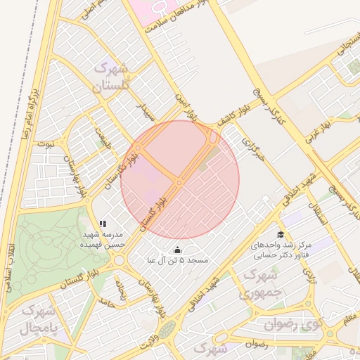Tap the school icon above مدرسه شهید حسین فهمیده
[103, 224]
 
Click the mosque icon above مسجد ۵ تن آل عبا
[176, 250]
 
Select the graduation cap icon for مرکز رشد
[281, 235]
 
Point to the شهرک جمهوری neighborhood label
[261, 283]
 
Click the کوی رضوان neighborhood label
[292, 324]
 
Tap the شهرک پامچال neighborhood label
[36, 319]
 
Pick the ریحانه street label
[122, 290]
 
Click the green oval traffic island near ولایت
[166, 329]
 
